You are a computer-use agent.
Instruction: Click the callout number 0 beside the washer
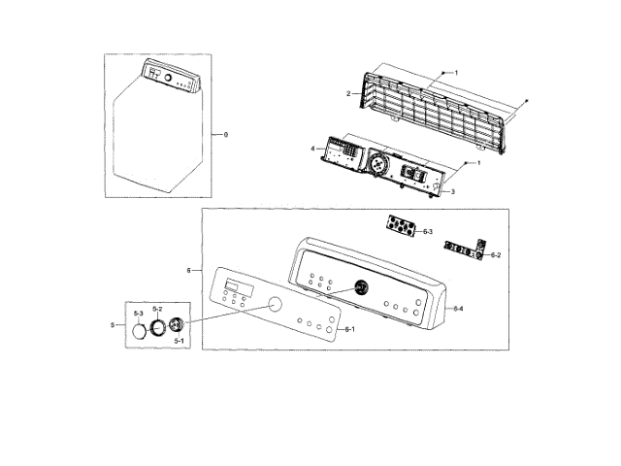[x=225, y=133]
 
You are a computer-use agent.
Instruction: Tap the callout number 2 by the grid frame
[x=348, y=93]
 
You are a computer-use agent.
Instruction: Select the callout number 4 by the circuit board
[x=312, y=149]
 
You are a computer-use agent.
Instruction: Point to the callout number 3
[x=452, y=191]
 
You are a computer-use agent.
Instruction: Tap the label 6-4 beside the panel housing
[x=458, y=308]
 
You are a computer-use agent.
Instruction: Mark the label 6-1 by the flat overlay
[x=350, y=330]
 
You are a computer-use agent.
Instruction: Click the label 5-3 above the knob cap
[x=138, y=314]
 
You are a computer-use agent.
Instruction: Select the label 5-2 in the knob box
[x=157, y=308]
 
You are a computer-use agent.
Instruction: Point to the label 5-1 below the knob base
[x=180, y=341]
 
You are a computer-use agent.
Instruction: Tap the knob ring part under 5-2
[x=159, y=326]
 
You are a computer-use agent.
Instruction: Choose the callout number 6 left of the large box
[x=188, y=269]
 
